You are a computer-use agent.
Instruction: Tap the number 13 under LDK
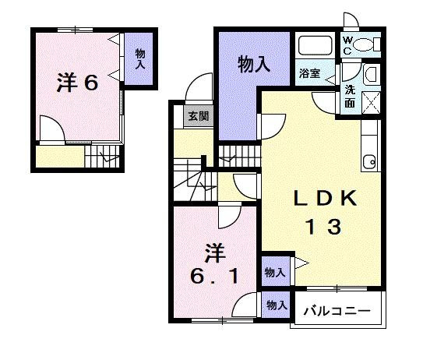tap(321, 227)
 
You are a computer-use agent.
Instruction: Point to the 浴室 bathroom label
tap(309, 74)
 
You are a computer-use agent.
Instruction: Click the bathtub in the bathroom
tap(314, 45)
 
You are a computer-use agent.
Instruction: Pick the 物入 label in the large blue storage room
tap(254, 65)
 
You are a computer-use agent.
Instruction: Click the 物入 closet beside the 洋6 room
tap(140, 59)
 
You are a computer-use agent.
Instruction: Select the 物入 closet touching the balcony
tap(274, 305)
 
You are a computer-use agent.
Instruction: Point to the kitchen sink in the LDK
tap(369, 161)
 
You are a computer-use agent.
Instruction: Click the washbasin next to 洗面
tap(371, 76)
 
